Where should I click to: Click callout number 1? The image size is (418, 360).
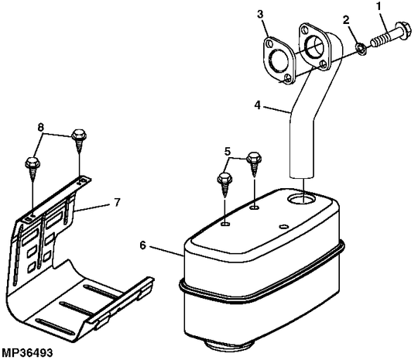point(379,6)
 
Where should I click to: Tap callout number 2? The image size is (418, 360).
point(346,20)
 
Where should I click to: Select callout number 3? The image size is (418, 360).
point(260,14)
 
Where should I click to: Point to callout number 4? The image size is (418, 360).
point(257,105)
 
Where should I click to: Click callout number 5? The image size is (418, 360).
point(227,152)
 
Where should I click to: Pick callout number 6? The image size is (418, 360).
point(143,245)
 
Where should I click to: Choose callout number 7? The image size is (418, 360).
point(117,202)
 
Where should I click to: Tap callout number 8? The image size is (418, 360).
point(40,127)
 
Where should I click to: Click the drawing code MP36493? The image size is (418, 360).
point(26,353)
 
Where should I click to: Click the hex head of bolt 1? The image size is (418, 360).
point(403,30)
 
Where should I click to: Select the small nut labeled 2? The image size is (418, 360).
point(361,49)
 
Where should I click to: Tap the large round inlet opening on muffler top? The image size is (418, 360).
point(301,199)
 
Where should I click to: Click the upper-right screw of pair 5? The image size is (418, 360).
point(254,163)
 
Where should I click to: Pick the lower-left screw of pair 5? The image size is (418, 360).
point(225,184)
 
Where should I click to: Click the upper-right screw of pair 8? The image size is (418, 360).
point(79,141)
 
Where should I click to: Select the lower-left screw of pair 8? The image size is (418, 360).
point(33,169)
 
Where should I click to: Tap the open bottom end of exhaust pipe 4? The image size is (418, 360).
point(301,176)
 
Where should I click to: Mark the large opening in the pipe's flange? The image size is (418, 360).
point(314,49)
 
